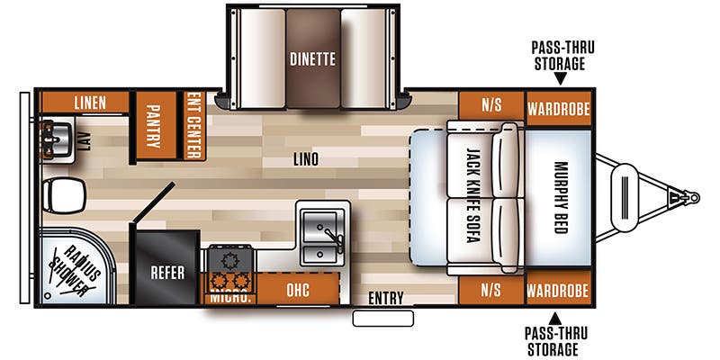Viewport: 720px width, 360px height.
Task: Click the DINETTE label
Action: click(x=312, y=59)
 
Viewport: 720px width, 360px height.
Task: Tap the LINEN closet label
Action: click(x=91, y=103)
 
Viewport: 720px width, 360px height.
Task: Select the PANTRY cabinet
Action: click(x=156, y=125)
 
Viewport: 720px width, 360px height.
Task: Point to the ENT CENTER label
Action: click(x=194, y=125)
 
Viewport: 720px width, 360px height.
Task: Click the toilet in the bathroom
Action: click(x=64, y=195)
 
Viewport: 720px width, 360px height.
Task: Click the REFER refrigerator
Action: click(x=167, y=267)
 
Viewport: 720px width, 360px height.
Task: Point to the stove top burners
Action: click(x=230, y=269)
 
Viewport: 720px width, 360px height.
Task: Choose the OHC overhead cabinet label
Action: click(x=298, y=290)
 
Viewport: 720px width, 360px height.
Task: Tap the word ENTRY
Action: click(x=386, y=299)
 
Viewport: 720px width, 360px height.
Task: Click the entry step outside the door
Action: click(x=383, y=319)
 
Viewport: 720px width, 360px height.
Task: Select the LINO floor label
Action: click(x=306, y=159)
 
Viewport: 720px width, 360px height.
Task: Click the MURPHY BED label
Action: click(x=561, y=197)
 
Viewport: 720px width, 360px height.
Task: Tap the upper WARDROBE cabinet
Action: click(x=558, y=109)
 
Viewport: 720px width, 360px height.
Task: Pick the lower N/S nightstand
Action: click(x=491, y=290)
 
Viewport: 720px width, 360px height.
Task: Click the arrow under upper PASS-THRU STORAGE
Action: click(x=560, y=79)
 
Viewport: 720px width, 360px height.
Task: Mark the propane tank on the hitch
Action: click(x=625, y=198)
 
